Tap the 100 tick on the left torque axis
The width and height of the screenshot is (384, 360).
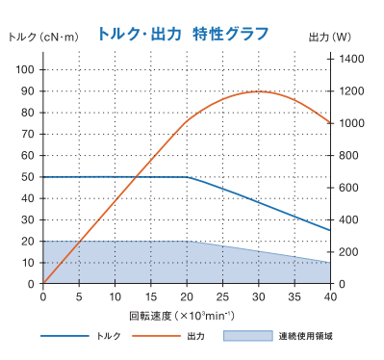24,69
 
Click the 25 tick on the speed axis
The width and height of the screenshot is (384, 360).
222,297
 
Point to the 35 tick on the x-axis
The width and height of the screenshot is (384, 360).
294,297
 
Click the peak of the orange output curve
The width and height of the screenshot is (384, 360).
259,91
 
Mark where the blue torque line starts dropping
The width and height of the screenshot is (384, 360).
187,177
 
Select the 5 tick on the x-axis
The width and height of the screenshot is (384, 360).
79,297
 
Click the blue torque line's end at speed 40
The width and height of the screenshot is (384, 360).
330,230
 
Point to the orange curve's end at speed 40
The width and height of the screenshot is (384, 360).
330,123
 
